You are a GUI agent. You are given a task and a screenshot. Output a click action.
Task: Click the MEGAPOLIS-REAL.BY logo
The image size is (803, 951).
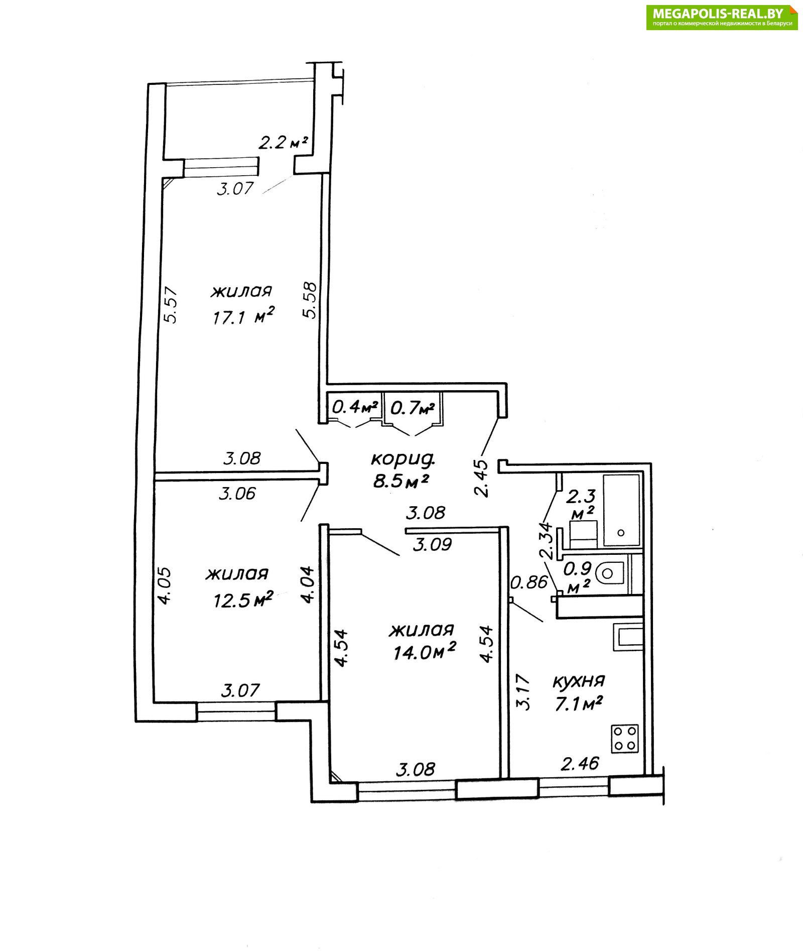722,17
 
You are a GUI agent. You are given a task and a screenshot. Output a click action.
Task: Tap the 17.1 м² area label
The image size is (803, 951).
243,316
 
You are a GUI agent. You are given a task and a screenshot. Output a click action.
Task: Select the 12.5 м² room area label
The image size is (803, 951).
243,599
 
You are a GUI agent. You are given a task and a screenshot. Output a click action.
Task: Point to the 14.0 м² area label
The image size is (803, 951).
424,651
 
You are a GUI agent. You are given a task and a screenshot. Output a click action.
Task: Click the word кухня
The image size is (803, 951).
579,681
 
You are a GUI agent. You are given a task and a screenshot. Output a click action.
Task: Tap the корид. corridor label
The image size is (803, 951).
403,458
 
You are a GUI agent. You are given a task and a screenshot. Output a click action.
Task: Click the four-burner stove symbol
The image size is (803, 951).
625,738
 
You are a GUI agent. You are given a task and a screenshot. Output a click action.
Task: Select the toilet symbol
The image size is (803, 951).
610,572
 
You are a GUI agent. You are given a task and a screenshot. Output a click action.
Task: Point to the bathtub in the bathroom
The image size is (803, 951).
622,510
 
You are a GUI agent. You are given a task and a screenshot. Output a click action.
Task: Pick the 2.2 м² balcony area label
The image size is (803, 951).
283,143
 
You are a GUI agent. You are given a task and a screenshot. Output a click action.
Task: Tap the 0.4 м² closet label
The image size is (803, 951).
354,406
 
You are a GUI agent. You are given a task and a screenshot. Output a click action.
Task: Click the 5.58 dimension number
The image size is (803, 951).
310,300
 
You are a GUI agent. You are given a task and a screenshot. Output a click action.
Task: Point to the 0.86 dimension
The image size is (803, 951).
529,582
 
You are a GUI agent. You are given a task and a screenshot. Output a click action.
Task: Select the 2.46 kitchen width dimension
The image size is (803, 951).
580,764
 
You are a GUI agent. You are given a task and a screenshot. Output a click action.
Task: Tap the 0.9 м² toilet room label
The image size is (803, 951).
578,577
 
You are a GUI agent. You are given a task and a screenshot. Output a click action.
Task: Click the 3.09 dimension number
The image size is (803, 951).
432,544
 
